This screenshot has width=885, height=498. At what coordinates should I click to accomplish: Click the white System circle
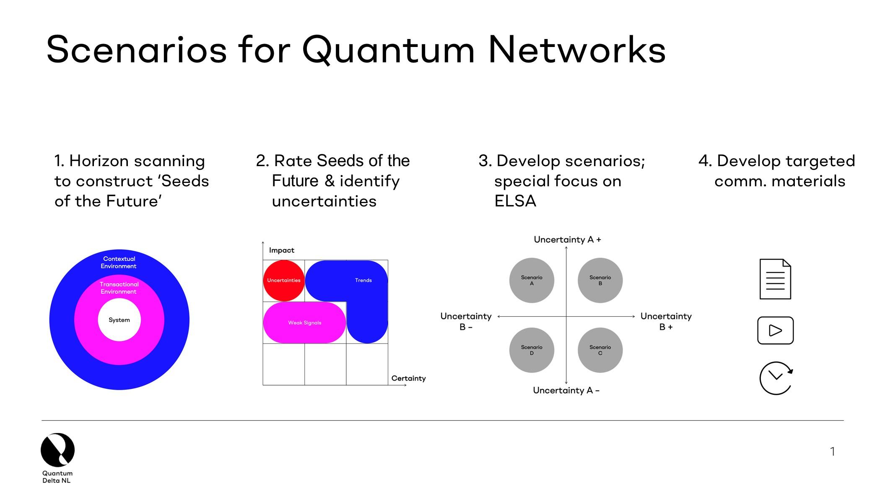119,320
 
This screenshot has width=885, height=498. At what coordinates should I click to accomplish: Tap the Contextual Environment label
119,263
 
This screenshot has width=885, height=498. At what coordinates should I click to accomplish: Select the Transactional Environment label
119,288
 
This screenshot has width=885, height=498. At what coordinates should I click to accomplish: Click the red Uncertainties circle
284,280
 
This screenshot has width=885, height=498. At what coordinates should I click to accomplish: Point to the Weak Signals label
304,323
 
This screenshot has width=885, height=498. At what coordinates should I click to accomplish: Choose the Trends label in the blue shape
363,280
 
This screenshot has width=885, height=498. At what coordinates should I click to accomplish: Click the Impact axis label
281,250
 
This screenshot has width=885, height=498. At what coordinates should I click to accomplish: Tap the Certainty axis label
408,378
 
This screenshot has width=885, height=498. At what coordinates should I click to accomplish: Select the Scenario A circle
532,280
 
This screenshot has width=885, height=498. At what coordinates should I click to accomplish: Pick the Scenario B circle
600,280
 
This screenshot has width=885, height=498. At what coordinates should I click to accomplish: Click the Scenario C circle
600,350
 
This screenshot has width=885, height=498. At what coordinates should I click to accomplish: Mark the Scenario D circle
532,350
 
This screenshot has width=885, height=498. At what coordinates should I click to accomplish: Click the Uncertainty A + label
567,240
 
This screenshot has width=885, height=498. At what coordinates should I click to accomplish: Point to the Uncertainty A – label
566,391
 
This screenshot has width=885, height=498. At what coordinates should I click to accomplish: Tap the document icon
775,279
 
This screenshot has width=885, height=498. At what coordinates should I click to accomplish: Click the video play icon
775,331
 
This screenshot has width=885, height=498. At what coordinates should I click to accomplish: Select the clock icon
776,378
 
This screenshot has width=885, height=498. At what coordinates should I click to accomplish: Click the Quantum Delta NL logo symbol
57,450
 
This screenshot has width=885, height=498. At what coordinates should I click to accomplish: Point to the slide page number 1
832,451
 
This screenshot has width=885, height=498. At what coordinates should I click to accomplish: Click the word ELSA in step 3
515,201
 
